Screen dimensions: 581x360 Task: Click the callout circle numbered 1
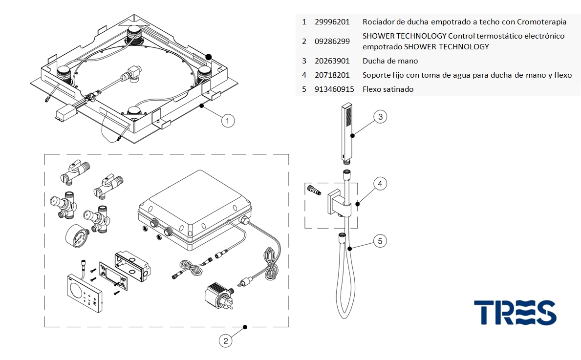coord(228,121)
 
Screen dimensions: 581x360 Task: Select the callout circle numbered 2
coord(225,341)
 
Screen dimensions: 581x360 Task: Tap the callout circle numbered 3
coord(380,117)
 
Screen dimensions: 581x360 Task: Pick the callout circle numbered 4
coord(380,184)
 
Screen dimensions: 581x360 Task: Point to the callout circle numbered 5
coord(380,241)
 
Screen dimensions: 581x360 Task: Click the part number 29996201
coord(332,22)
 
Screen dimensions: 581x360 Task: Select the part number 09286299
coord(332,41)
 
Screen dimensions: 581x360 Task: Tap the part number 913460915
coord(334,89)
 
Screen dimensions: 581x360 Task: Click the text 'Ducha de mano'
coord(390,61)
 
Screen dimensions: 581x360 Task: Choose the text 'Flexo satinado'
coord(388,89)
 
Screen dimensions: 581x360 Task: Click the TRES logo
coord(516,313)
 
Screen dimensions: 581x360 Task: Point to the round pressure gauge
coord(77,235)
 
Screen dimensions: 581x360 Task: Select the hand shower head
coord(347,133)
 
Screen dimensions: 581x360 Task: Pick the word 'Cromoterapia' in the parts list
coord(542,22)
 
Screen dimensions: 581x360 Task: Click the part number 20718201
coord(332,75)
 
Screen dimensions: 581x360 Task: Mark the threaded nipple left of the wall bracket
coord(314,191)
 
